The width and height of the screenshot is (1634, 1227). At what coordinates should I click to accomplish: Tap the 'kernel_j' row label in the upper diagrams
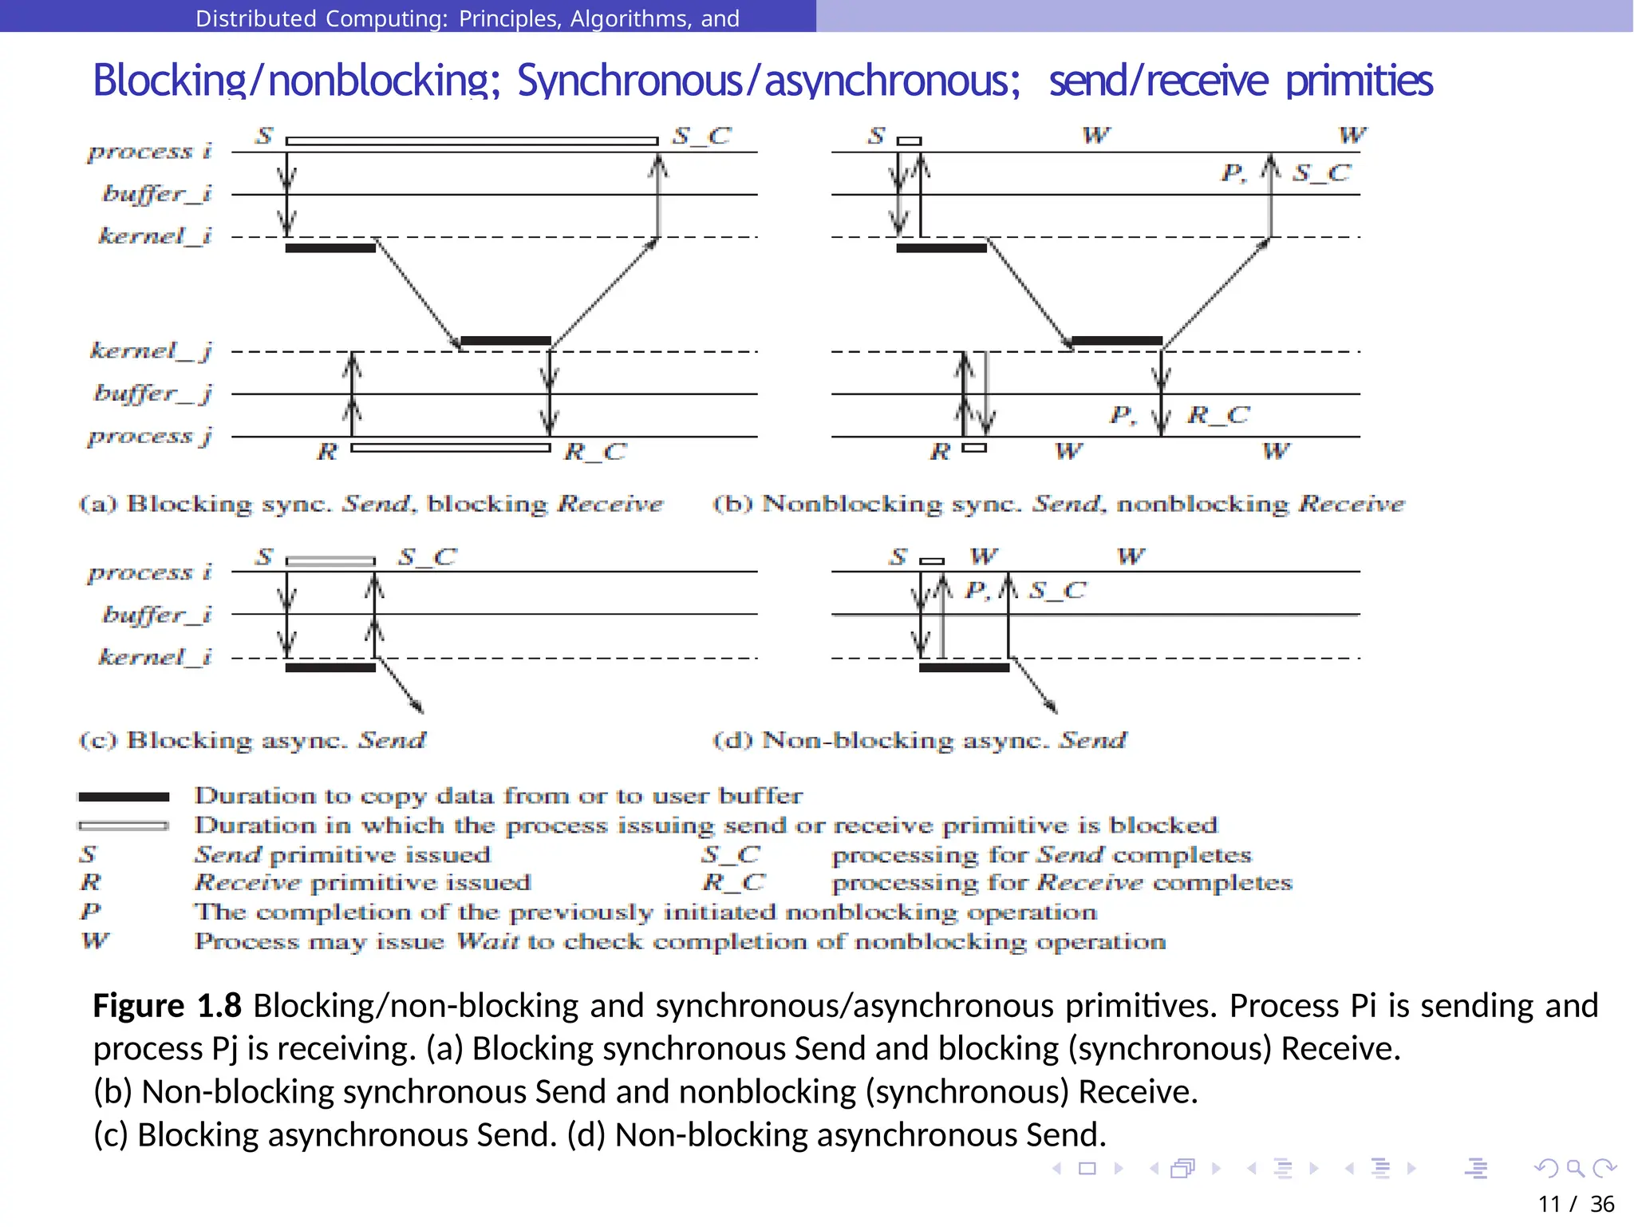[x=151, y=350]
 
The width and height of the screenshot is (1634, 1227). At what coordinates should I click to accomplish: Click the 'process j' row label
[x=150, y=436]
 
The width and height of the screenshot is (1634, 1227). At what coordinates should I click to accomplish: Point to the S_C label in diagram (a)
[x=701, y=136]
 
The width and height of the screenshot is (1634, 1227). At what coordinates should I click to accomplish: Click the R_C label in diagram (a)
[x=595, y=452]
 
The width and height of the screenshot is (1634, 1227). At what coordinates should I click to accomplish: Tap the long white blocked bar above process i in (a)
[x=472, y=141]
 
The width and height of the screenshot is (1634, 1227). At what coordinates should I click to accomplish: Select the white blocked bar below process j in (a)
[x=451, y=448]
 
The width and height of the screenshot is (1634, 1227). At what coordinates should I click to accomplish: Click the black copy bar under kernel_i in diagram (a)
[x=330, y=248]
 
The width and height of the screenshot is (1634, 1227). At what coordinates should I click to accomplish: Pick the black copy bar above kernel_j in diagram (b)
[x=1116, y=341]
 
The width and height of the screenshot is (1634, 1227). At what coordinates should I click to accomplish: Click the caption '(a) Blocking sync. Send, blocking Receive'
[x=371, y=504]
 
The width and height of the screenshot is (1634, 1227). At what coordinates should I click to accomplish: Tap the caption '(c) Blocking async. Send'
[x=252, y=740]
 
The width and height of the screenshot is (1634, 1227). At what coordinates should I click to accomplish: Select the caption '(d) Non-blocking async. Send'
[x=919, y=740]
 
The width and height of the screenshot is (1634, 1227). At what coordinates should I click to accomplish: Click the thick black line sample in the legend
[x=124, y=797]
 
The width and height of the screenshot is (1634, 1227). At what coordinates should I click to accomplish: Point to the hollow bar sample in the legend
[x=124, y=825]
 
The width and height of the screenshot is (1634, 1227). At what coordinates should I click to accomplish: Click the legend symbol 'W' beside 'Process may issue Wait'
[x=95, y=940]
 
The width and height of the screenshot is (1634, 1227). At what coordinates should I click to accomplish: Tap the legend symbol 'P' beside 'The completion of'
[x=91, y=911]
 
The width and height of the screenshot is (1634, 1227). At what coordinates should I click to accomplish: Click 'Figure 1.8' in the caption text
[x=168, y=1006]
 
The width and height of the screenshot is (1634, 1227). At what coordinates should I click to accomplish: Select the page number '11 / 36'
[x=1575, y=1203]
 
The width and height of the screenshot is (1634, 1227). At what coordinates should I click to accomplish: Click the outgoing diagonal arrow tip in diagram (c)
[x=420, y=710]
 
